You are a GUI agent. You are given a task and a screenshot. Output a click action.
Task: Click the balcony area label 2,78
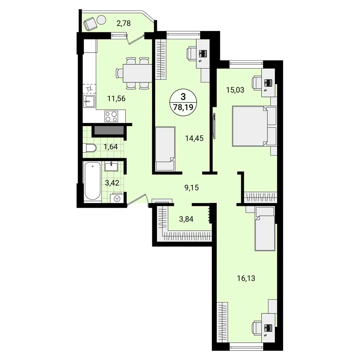click(123, 24)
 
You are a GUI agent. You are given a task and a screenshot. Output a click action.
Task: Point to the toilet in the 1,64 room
click(90, 148)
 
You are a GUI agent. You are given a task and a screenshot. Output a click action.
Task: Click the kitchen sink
click(89, 102)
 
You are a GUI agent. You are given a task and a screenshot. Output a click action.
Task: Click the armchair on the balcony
click(90, 24)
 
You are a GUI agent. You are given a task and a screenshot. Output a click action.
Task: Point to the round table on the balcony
click(101, 19)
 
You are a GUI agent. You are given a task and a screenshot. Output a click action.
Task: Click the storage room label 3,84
click(186, 219)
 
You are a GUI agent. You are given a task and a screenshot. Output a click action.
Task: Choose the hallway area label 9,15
click(191, 187)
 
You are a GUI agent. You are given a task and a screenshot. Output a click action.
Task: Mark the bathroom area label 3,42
click(112, 183)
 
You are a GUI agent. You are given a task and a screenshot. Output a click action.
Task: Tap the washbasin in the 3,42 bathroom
click(111, 166)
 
